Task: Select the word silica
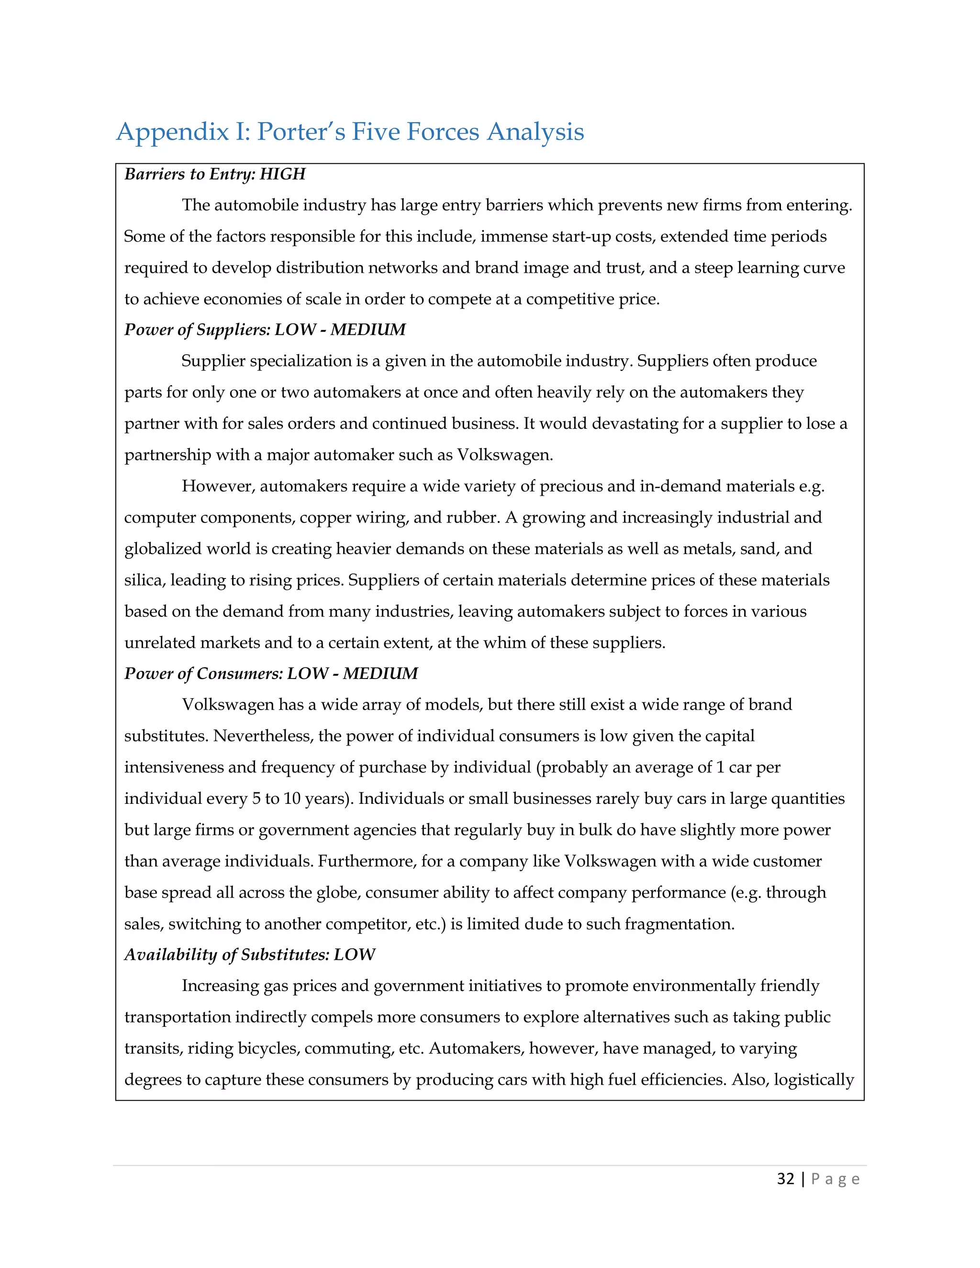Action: pos(144,580)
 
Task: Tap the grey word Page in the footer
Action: pos(835,1179)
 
